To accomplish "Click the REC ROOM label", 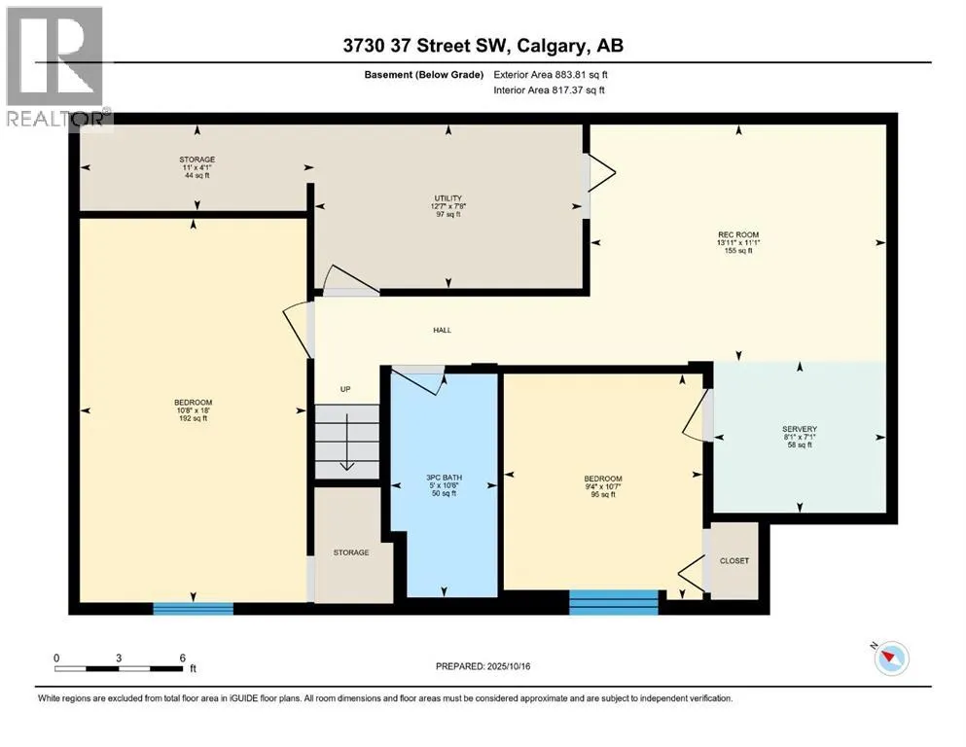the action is (x=738, y=234).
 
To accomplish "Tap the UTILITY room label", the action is (x=447, y=198).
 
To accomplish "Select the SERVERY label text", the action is (x=800, y=429).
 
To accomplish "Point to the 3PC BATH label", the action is (x=445, y=478).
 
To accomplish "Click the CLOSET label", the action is (x=734, y=561).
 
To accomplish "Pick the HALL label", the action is (x=443, y=330).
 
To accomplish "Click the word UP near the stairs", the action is (x=345, y=389).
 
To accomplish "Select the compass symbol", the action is (x=890, y=658).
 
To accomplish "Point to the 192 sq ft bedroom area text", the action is (x=193, y=419).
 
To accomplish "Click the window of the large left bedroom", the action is (x=194, y=609).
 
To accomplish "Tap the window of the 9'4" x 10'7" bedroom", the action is (x=614, y=602).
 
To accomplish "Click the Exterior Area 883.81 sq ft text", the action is (x=551, y=75).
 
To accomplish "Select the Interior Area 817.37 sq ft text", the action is (x=549, y=89).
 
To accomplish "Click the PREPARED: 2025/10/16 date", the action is (x=483, y=666).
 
